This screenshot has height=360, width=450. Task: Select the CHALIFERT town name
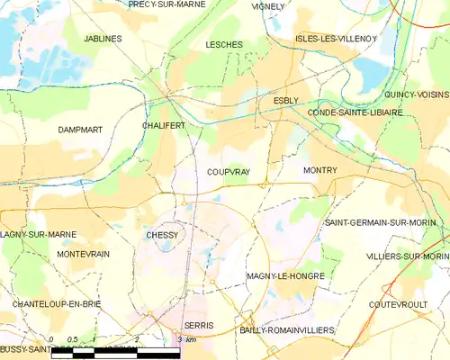coord(163,126)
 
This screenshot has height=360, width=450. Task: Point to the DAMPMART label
coord(80,130)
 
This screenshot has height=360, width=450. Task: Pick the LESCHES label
coord(224,44)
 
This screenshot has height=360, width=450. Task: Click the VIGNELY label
coord(268,6)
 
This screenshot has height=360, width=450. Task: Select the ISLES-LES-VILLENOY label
coord(336,39)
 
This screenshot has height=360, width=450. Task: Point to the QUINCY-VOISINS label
coord(416,94)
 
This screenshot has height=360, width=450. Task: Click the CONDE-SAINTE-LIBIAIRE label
coord(355,112)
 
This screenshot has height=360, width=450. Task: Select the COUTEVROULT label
coord(398,304)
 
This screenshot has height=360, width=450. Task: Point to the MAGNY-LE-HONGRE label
coord(284,276)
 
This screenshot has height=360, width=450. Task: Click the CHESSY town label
coord(162,235)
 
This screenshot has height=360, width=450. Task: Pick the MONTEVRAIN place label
coord(83,255)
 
